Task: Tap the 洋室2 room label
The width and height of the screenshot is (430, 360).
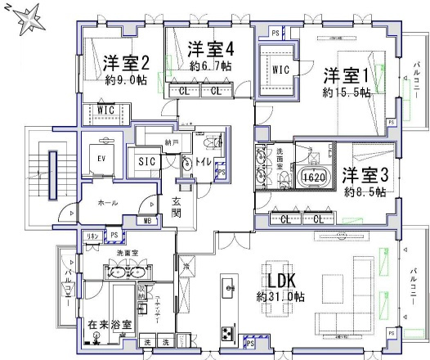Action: [126, 63]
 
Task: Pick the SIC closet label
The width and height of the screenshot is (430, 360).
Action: [148, 161]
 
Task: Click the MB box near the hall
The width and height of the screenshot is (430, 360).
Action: [148, 220]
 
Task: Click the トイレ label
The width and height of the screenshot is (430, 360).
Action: [202, 162]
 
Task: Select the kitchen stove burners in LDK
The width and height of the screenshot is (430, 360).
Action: [226, 333]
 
